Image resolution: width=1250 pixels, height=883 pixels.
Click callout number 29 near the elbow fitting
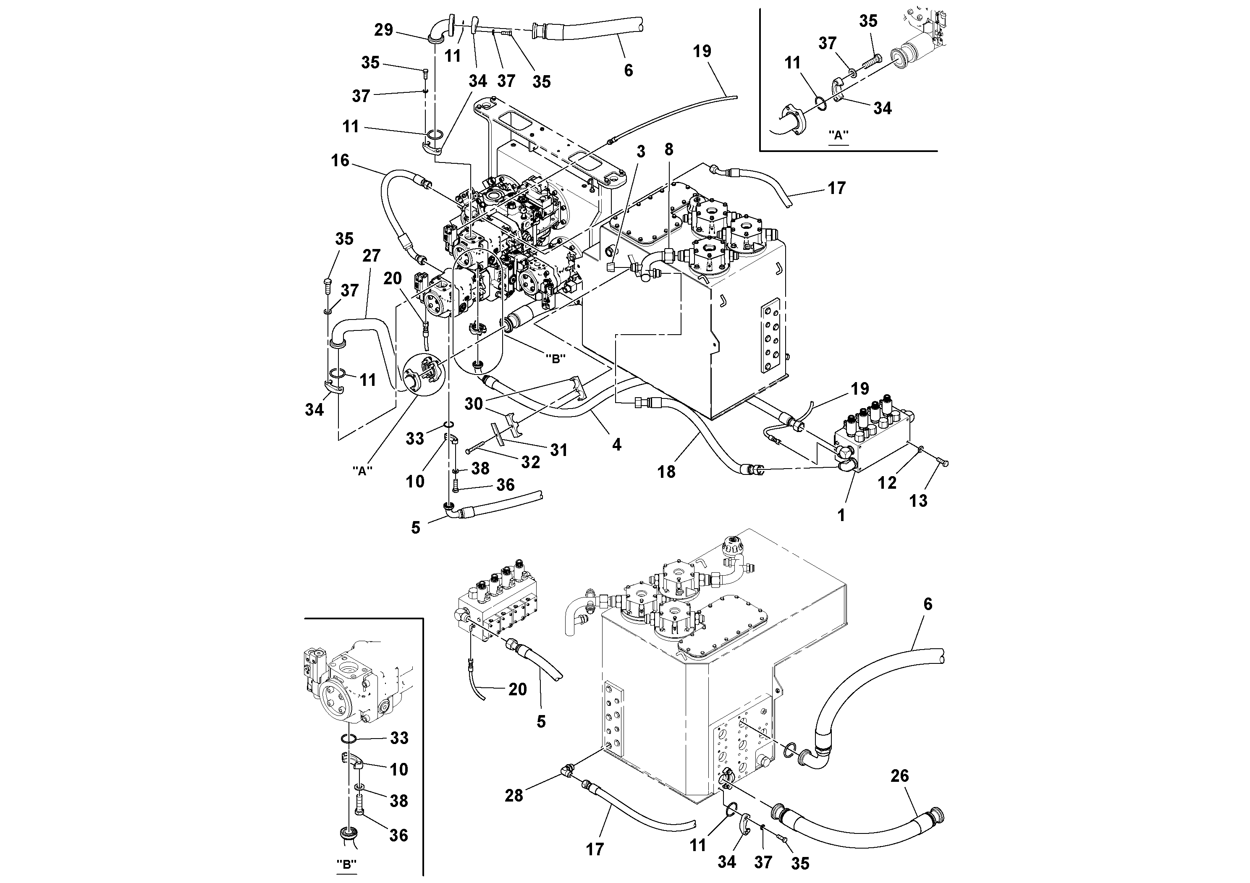pyautogui.click(x=383, y=29)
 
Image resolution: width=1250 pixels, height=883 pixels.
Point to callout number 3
pyautogui.click(x=641, y=152)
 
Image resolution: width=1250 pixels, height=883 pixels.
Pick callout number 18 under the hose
pyautogui.click(x=666, y=472)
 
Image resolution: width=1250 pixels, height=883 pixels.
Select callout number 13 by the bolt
pyautogui.click(x=918, y=501)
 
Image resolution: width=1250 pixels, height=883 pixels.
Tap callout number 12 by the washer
pyautogui.click(x=887, y=482)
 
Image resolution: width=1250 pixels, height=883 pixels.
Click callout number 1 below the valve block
pyautogui.click(x=841, y=515)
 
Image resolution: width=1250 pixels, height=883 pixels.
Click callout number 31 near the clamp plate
pyautogui.click(x=558, y=450)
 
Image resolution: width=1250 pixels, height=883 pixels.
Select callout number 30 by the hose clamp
pyautogui.click(x=474, y=404)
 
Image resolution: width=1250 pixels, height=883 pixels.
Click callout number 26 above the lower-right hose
pyautogui.click(x=899, y=776)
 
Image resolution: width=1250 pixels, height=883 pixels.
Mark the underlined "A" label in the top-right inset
pyautogui.click(x=839, y=136)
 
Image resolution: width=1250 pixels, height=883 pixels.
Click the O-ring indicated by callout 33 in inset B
pyautogui.click(x=349, y=739)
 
